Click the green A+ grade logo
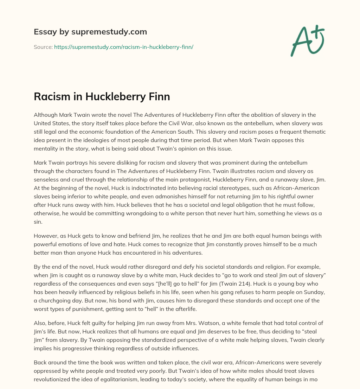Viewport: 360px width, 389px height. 307,40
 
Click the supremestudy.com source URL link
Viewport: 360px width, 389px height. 124,47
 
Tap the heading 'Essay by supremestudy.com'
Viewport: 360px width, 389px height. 90,32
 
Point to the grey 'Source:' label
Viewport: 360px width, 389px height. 43,47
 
